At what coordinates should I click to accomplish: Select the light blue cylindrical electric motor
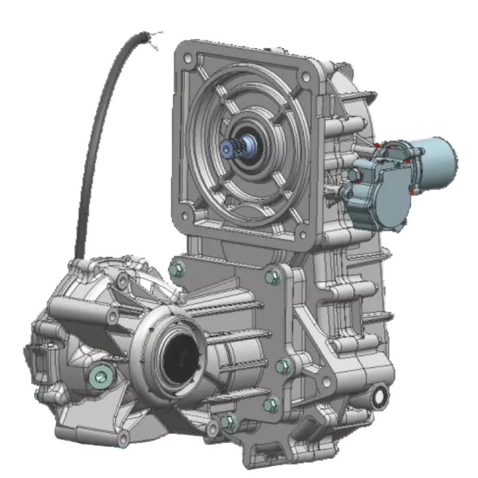tap(435, 157)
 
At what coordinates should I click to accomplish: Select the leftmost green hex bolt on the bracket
tap(175, 269)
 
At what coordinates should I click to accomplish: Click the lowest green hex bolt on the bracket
tap(228, 421)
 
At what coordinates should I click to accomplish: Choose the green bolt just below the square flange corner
tap(272, 276)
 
